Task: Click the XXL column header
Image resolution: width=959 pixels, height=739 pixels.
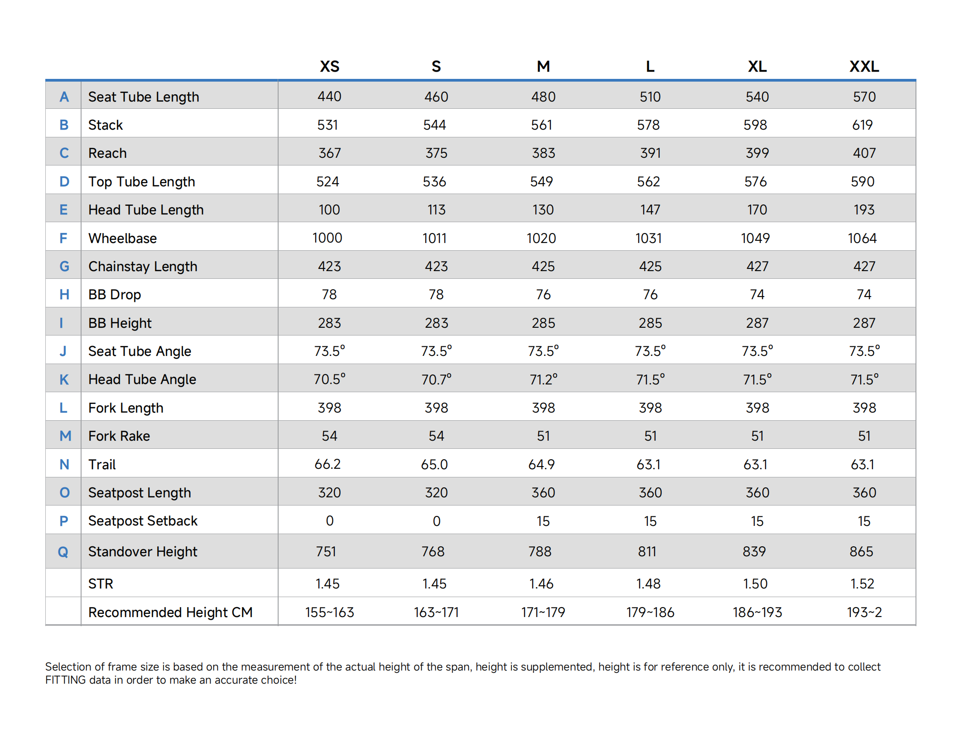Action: tap(864, 67)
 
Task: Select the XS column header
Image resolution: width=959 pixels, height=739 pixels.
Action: tap(329, 67)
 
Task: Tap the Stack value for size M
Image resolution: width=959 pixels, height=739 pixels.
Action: tap(541, 125)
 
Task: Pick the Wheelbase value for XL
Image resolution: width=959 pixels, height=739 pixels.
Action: tap(755, 238)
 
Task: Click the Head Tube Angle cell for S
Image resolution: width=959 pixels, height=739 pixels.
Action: tap(436, 379)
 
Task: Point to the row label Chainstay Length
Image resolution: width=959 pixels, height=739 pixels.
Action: tap(143, 267)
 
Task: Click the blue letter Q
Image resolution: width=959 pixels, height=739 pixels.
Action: tap(63, 552)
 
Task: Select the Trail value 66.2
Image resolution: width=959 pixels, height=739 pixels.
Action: tap(328, 464)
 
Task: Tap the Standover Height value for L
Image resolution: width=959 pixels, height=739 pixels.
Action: tap(647, 551)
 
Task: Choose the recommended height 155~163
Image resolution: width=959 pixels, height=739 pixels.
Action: tap(329, 612)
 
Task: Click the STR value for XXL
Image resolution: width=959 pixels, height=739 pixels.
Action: tap(862, 583)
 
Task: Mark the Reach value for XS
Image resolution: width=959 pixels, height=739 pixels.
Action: tap(329, 153)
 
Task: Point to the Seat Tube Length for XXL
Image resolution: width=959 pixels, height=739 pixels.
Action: tap(864, 97)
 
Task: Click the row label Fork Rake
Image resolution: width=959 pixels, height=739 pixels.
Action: tap(119, 436)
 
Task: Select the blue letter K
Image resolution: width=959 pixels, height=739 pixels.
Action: tap(64, 379)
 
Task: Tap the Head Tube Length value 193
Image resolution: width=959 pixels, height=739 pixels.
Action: tap(864, 209)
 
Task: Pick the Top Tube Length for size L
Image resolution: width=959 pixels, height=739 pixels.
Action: tap(648, 181)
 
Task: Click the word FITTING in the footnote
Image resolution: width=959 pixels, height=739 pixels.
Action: tap(65, 680)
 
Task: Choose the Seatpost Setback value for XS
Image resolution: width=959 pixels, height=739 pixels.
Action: tap(329, 521)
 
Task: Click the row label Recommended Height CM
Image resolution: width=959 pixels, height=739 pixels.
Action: tap(170, 613)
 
